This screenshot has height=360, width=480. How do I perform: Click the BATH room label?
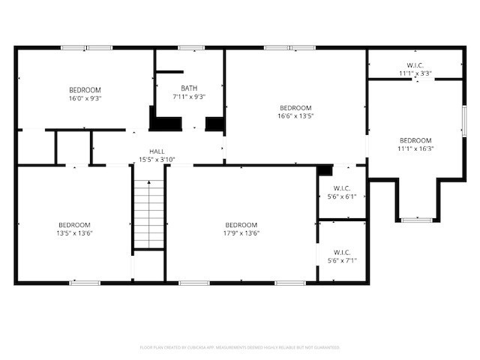[x=189, y=88]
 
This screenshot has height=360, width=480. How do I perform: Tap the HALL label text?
[x=157, y=151]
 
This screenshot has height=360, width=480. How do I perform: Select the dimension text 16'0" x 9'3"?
[x=85, y=97]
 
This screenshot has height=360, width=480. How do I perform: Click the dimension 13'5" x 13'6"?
[x=75, y=233]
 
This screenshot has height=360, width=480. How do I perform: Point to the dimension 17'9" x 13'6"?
[x=241, y=233]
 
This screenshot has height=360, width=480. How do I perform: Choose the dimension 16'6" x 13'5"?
[x=295, y=115]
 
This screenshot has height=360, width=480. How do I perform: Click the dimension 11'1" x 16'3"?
[x=415, y=148]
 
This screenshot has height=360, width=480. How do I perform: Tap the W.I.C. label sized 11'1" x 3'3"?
[x=415, y=65]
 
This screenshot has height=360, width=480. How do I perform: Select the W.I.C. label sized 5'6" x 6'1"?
[x=342, y=188]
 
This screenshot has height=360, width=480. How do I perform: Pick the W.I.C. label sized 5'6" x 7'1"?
[x=342, y=252]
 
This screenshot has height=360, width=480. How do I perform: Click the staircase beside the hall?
[x=148, y=214]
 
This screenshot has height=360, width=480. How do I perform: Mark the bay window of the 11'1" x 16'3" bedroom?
[x=416, y=220]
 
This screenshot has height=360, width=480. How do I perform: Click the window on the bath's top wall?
[x=190, y=48]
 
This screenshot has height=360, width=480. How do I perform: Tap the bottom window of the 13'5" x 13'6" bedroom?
[x=85, y=283]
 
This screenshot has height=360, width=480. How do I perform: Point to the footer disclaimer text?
[x=240, y=347]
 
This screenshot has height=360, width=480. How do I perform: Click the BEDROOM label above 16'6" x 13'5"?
[x=295, y=107]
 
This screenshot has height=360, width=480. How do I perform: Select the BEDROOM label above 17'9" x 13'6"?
[x=241, y=225]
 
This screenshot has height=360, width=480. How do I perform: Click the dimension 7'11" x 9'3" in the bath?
[x=189, y=97]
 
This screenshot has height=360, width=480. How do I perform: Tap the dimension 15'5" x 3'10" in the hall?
[x=157, y=159]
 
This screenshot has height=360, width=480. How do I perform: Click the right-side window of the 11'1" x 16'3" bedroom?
[x=464, y=121]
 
